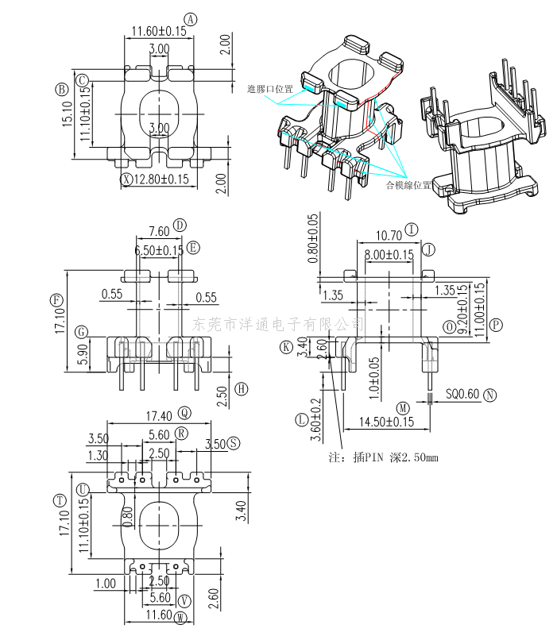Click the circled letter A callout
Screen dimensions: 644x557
pos(190,19)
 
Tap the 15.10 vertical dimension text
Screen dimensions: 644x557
pos(68,114)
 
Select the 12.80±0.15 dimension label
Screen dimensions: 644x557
pos(161,179)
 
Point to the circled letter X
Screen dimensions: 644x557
pos(126,179)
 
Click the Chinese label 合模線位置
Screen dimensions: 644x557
pos(408,186)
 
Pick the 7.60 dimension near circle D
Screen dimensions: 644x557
pos(158,232)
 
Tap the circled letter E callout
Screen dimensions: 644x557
pos(193,249)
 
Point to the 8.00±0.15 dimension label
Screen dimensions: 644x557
pos(389,254)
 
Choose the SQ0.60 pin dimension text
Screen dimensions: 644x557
pos(462,394)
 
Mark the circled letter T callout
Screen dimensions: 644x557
pos(59,500)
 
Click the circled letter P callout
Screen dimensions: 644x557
pos(496,324)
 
